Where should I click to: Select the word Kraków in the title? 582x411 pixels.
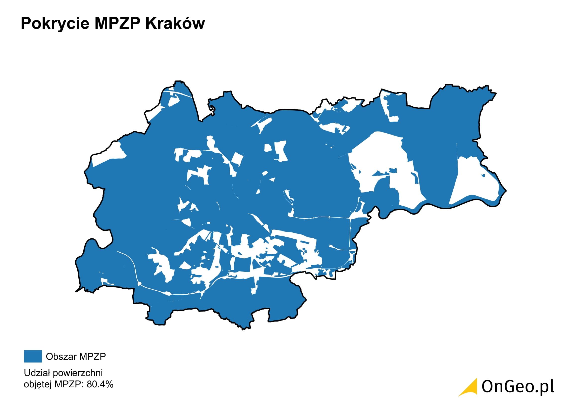coord(175,24)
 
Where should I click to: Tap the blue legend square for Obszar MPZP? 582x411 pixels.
coord(33,356)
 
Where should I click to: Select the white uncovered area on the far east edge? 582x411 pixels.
coord(474,182)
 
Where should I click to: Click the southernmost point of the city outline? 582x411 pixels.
coord(243,329)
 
